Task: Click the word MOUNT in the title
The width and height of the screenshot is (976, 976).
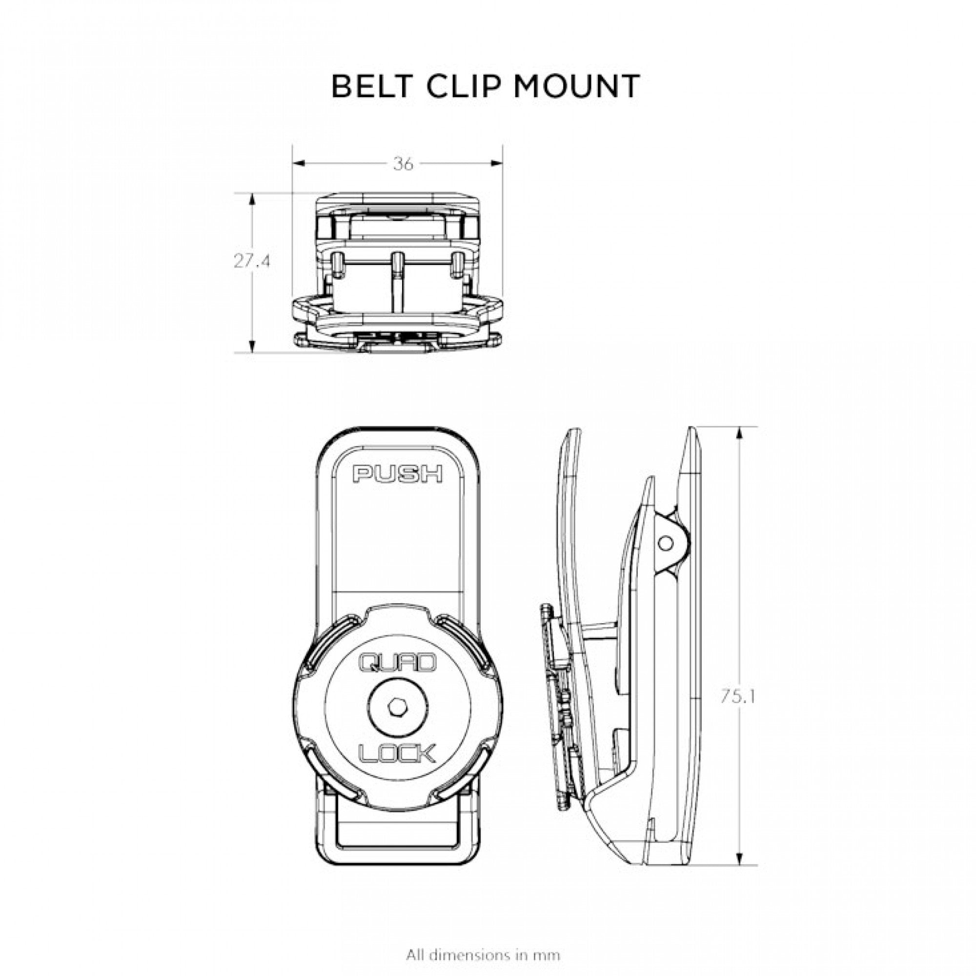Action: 576,86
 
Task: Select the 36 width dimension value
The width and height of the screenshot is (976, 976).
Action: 403,163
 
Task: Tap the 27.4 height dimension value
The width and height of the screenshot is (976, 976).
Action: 252,261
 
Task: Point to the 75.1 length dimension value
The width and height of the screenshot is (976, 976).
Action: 737,697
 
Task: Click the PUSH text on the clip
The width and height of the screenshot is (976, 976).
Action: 398,474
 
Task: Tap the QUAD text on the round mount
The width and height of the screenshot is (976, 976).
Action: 397,663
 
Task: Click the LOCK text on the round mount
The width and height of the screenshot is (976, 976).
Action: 397,769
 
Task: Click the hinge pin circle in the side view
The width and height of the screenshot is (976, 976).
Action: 666,543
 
